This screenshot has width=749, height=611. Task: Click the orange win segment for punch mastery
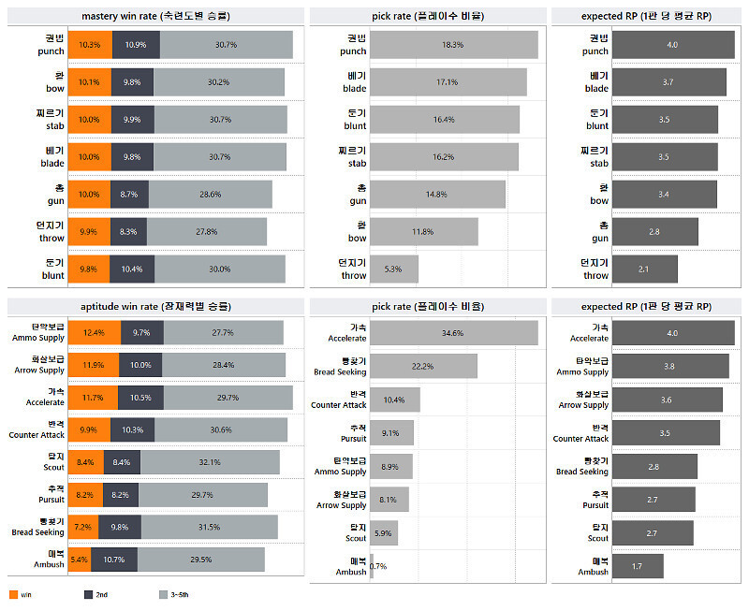pyautogui.click(x=90, y=45)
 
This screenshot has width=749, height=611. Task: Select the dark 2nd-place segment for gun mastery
pyautogui.click(x=129, y=194)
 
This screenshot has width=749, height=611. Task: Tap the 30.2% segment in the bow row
pyautogui.click(x=218, y=82)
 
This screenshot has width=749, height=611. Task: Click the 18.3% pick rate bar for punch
pyautogui.click(x=453, y=45)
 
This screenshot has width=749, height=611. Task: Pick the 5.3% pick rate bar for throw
pyautogui.click(x=393, y=269)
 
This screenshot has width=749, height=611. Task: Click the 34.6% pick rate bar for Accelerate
pyautogui.click(x=453, y=333)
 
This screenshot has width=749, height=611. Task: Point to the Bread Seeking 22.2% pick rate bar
pyautogui.click(x=423, y=366)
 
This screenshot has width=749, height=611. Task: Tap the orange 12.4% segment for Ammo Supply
pyautogui.click(x=94, y=333)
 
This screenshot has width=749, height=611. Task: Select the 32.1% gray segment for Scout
pyautogui.click(x=210, y=462)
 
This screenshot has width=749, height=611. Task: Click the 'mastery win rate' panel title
pyautogui.click(x=155, y=16)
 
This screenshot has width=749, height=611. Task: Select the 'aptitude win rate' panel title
pyautogui.click(x=155, y=306)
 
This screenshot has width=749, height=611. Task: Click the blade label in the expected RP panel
pyautogui.click(x=596, y=82)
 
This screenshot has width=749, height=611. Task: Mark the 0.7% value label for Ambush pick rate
pyautogui.click(x=378, y=566)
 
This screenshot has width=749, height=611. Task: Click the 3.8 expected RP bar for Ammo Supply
pyautogui.click(x=668, y=366)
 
